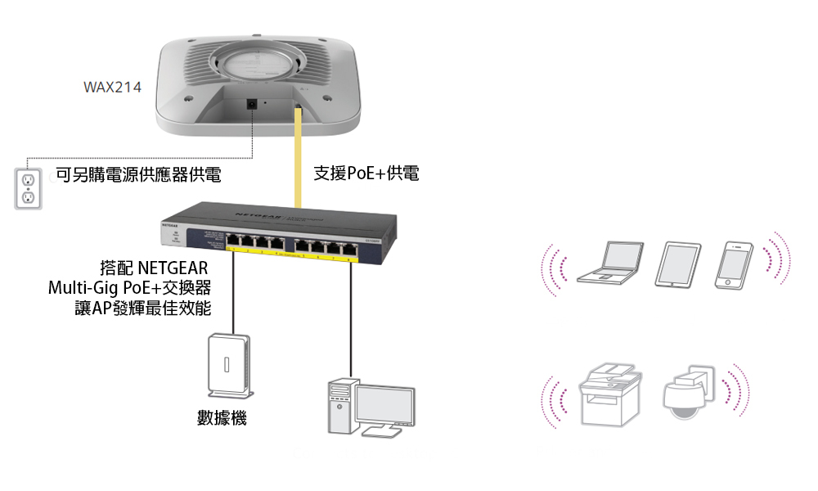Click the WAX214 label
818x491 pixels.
point(112,87)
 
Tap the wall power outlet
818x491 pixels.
point(28,188)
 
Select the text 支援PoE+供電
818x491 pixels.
point(366,173)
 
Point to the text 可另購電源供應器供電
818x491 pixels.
point(138,175)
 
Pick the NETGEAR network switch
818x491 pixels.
point(279,232)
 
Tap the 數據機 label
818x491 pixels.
point(222,418)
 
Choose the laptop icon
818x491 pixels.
point(611,263)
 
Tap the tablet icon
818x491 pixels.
point(678,264)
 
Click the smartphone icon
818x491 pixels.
point(734,265)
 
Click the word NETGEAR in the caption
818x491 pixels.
point(173,268)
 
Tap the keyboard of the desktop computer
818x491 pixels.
point(381,432)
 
